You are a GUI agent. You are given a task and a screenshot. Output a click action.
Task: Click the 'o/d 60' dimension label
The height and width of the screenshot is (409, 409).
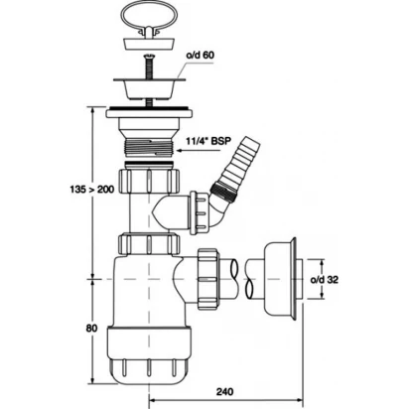coord(200,55)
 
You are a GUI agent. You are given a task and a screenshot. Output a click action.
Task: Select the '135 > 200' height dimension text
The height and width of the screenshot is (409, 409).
coord(92,190)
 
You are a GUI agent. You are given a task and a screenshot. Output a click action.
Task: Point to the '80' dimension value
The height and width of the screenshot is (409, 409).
coord(91,329)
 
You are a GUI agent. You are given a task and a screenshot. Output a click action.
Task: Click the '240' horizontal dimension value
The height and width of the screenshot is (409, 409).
coord(225,392)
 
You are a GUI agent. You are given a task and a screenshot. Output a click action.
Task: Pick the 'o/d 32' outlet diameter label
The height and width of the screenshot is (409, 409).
coord(325,280)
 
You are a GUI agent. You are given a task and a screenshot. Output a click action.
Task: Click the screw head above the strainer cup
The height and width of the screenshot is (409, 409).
coord(148,57)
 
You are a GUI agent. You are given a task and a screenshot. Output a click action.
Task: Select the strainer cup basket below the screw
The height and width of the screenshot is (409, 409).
coord(148,87)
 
